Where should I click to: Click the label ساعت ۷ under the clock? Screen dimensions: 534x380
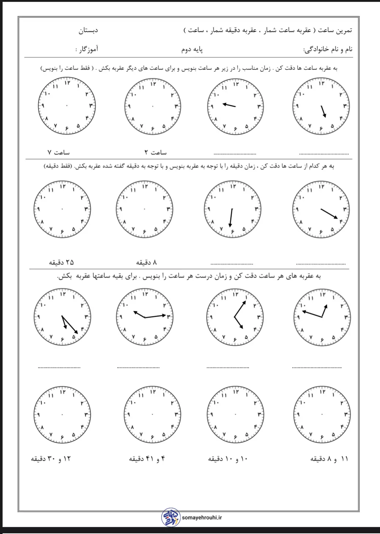point(58,152)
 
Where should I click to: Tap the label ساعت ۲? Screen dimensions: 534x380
point(154,152)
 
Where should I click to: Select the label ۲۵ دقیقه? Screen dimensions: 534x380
point(61,262)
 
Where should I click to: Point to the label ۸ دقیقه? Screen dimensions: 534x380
point(147,262)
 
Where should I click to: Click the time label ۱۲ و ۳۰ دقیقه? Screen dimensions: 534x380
point(51,459)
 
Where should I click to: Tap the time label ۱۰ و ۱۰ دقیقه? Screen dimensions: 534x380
point(228,459)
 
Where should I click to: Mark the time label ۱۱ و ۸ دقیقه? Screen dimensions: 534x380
point(329,459)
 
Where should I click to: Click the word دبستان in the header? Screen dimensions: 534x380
point(88,31)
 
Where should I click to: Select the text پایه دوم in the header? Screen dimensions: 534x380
point(193,49)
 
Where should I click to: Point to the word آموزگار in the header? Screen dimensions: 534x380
point(88,49)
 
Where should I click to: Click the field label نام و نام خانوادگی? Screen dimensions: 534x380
point(328,49)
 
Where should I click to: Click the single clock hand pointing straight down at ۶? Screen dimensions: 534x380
point(231,218)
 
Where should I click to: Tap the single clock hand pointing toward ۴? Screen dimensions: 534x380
point(329,214)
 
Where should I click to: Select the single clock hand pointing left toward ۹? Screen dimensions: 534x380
point(229,105)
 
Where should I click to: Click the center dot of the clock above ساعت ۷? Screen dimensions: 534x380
point(67,106)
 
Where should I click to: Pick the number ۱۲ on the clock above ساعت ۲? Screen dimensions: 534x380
point(153,84)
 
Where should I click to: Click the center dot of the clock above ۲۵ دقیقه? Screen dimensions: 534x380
point(62,209)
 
